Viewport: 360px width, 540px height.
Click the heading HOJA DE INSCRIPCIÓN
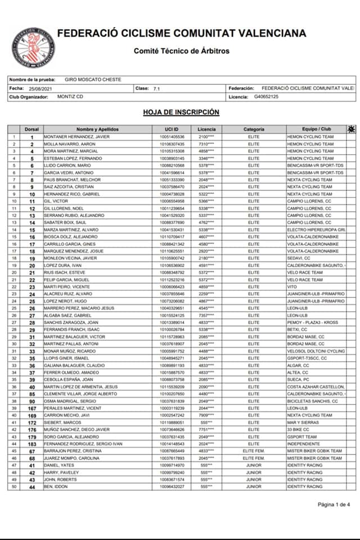coord(181,112)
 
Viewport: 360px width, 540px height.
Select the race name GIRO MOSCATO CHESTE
coord(93,79)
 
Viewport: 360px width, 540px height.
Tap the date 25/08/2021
coord(39,88)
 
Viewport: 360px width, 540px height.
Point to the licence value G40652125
coord(267,97)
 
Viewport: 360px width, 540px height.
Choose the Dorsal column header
coord(32,129)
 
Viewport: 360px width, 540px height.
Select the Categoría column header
coord(254,129)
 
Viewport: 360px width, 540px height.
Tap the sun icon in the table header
coord(352,129)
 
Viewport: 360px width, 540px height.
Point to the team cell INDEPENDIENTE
coord(303,444)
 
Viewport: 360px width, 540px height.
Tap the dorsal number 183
coord(32,444)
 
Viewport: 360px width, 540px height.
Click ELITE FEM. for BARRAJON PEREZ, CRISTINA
coord(254,451)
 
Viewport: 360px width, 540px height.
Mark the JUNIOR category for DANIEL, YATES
coord(254,465)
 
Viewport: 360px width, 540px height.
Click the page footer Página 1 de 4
coord(334,504)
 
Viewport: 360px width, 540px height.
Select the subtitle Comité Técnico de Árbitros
coord(181,51)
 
